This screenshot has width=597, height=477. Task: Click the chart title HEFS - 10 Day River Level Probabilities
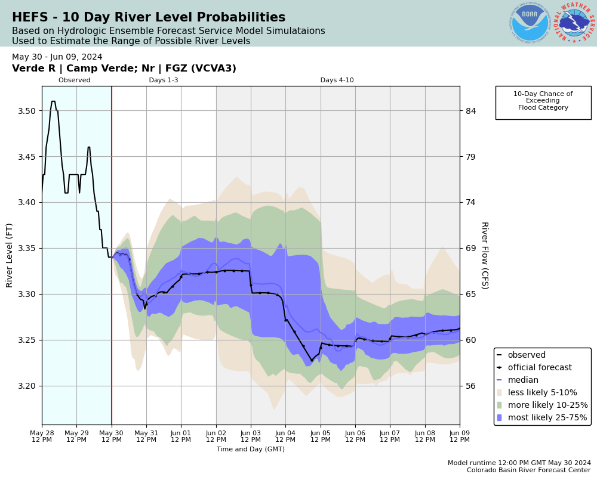[149, 18]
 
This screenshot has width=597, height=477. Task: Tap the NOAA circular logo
[530, 23]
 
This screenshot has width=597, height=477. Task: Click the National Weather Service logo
[574, 23]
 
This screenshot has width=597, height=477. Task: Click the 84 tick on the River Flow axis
[470, 111]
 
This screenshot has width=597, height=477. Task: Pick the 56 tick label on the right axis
[470, 386]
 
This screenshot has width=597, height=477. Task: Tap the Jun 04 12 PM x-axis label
[285, 435]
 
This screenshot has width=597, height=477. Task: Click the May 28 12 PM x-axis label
[42, 435]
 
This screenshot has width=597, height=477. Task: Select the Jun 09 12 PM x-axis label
[459, 435]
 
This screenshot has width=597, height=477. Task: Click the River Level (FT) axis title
[10, 255]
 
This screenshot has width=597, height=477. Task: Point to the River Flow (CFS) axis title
[484, 255]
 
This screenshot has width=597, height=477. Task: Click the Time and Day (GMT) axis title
[251, 450]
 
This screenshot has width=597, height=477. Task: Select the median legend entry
[522, 380]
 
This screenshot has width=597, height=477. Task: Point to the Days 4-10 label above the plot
[337, 80]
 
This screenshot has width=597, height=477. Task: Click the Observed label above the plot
[75, 80]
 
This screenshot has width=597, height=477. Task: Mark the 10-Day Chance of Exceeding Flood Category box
[543, 102]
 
